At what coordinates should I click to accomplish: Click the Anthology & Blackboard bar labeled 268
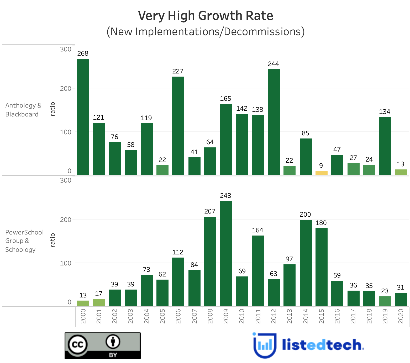83,117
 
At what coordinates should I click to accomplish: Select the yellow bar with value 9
321,173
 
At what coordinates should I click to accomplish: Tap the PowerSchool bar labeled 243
226,253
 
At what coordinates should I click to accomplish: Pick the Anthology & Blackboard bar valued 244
274,122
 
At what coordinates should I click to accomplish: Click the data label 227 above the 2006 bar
178,71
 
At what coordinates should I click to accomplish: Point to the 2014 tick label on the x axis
306,316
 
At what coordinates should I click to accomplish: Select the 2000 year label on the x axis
83,316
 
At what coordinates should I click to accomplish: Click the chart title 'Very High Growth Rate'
206,15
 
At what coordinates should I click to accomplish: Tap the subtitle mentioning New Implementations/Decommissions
206,31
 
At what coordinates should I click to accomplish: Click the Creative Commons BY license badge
102,345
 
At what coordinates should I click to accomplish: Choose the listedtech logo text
323,345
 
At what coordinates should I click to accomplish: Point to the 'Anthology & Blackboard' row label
23,110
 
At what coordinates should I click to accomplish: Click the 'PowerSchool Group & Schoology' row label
24,241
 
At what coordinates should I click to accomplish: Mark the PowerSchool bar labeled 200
306,263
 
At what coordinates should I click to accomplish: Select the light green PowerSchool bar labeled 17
99,302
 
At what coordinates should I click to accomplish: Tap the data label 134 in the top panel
385,112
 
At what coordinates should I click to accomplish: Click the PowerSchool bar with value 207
210,261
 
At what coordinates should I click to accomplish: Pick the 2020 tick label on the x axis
401,316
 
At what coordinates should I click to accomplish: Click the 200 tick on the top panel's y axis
66,89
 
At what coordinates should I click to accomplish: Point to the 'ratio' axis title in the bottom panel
53,240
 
